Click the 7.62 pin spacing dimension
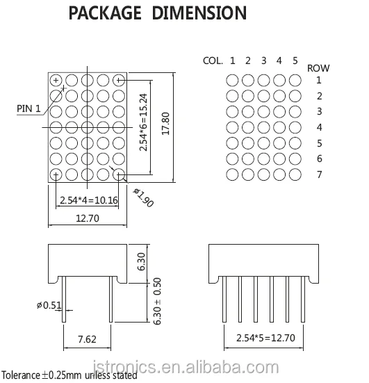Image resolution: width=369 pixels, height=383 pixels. coord(88,340)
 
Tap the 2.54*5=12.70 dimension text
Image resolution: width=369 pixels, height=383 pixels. coord(265,340)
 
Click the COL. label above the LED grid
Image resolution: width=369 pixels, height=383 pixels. coord(212,60)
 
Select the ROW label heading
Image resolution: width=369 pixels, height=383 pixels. coord(319,67)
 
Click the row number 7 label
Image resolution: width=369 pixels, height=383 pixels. coord(319,174)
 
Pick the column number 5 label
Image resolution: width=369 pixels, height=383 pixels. coord(295,60)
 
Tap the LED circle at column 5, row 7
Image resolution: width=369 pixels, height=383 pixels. coord(295,174)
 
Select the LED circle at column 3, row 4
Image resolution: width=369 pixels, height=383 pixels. coord(264,127)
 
